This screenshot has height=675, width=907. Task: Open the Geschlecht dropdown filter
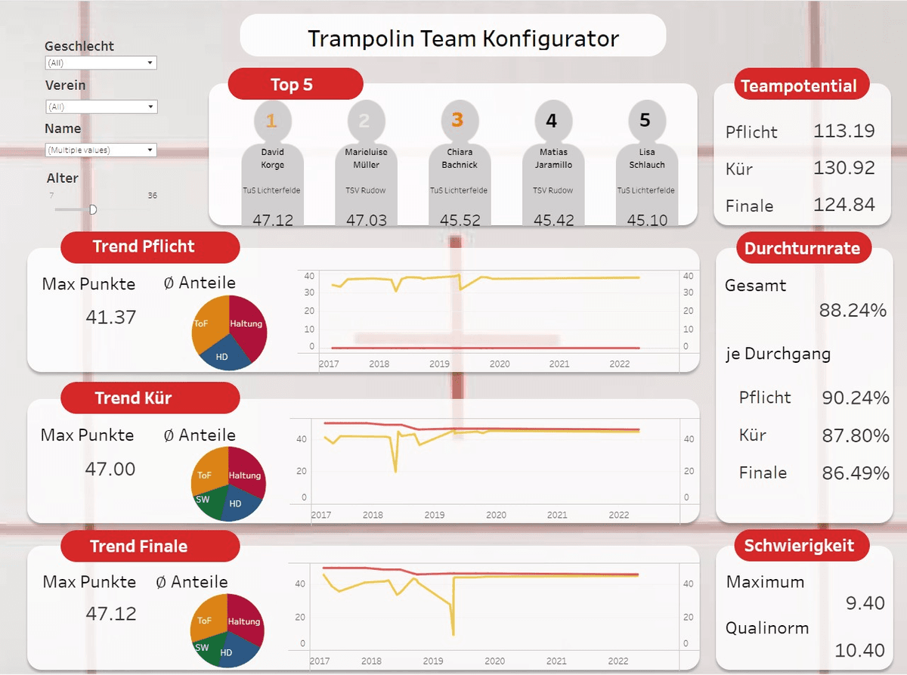point(101,63)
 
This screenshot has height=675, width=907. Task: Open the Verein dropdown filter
point(101,107)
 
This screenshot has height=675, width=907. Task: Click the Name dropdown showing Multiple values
point(101,150)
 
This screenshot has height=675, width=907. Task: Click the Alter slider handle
point(93,209)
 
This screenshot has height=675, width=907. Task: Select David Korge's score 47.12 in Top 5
point(272,220)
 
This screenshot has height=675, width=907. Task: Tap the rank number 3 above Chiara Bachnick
point(457,120)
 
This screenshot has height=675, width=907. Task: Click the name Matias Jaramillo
point(553,158)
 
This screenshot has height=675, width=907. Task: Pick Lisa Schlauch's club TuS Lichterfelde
point(645,190)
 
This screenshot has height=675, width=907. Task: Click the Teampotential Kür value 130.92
point(844,167)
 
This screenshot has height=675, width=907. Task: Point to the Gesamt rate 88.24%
point(853,310)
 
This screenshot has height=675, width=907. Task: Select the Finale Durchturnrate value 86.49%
point(856,473)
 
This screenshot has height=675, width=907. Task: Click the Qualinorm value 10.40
point(859,649)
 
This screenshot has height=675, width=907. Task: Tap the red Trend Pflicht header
point(144,246)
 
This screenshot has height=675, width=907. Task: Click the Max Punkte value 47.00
point(110,469)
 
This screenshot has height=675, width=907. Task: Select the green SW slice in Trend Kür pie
point(204,500)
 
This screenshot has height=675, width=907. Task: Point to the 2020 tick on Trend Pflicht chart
point(499,364)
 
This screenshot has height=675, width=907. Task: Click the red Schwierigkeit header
point(799,546)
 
